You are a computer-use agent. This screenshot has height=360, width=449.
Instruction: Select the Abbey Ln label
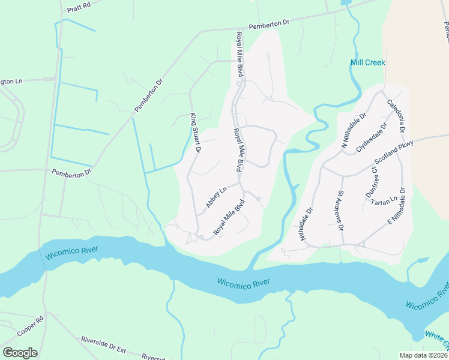pyautogui.click(x=215, y=197)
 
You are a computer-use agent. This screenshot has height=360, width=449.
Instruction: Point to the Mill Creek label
pyautogui.click(x=367, y=62)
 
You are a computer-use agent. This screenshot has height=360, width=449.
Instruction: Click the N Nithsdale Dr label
pyautogui.click(x=353, y=130)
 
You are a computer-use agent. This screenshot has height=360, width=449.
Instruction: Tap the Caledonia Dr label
pyautogui.click(x=396, y=116)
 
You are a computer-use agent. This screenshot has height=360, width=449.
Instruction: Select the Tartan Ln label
pyautogui.click(x=385, y=202)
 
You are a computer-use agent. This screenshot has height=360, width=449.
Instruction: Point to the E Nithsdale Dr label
pyautogui.click(x=397, y=206)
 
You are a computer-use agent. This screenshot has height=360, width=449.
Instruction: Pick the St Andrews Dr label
pyautogui.click(x=340, y=211)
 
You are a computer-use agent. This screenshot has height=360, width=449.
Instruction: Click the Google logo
pyautogui.click(x=20, y=353)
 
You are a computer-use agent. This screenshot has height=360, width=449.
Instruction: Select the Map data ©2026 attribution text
pyautogui.click(x=423, y=355)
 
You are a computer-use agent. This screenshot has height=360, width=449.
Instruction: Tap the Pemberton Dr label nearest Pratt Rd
pyautogui.click(x=269, y=23)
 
